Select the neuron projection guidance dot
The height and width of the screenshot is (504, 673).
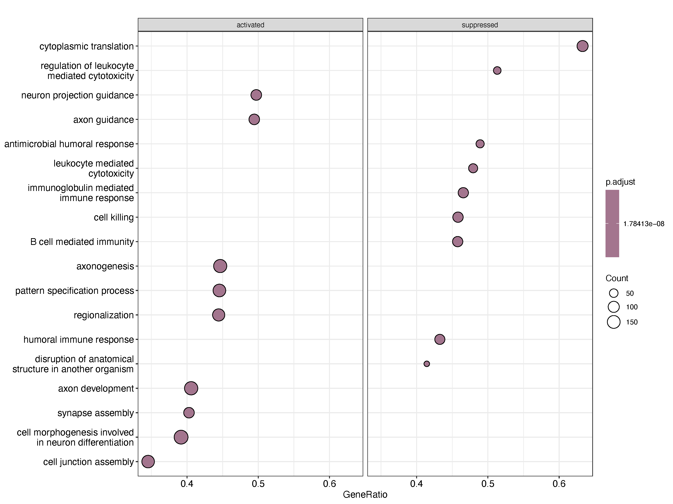(256, 95)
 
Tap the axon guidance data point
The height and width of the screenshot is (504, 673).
(254, 119)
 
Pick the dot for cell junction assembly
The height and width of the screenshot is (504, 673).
(148, 461)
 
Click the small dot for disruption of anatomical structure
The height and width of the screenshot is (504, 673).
(427, 364)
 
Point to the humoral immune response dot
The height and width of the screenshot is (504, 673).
(440, 339)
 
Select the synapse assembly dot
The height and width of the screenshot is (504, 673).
(189, 413)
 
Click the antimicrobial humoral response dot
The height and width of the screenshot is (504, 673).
(480, 144)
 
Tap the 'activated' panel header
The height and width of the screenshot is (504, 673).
(250, 25)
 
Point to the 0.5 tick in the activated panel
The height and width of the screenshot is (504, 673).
(258, 484)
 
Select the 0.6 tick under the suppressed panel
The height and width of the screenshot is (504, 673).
(559, 484)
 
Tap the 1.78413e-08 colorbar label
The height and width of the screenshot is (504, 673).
(643, 224)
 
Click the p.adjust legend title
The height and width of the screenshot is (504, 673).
(620, 182)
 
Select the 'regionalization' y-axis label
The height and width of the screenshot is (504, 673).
(104, 315)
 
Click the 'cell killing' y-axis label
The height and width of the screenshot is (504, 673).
(114, 217)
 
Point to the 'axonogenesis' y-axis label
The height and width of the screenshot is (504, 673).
(105, 266)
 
